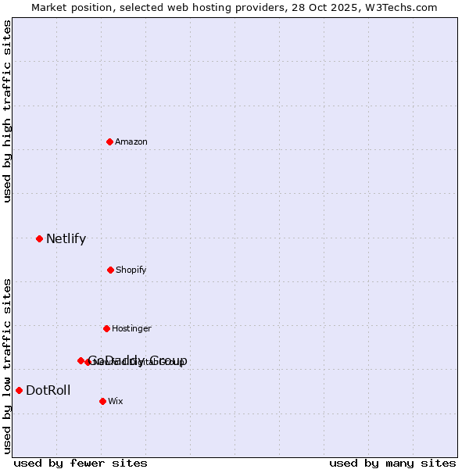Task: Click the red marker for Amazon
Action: coord(109,141)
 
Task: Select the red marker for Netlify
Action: coord(39,238)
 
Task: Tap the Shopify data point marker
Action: coord(110,270)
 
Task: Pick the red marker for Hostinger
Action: coord(106,328)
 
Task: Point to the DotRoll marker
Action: coord(19,390)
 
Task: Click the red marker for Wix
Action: coord(102,401)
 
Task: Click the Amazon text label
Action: coord(131,141)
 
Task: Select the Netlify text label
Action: coord(66,239)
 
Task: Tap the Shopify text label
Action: coord(131,270)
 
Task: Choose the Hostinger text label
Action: coord(131,329)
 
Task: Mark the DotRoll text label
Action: coord(48,391)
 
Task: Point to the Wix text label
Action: coord(116,402)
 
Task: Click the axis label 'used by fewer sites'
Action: coord(81,463)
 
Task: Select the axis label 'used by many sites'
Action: coord(392,463)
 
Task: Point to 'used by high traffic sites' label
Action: coord(7,111)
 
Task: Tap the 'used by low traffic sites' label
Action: coord(7,365)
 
